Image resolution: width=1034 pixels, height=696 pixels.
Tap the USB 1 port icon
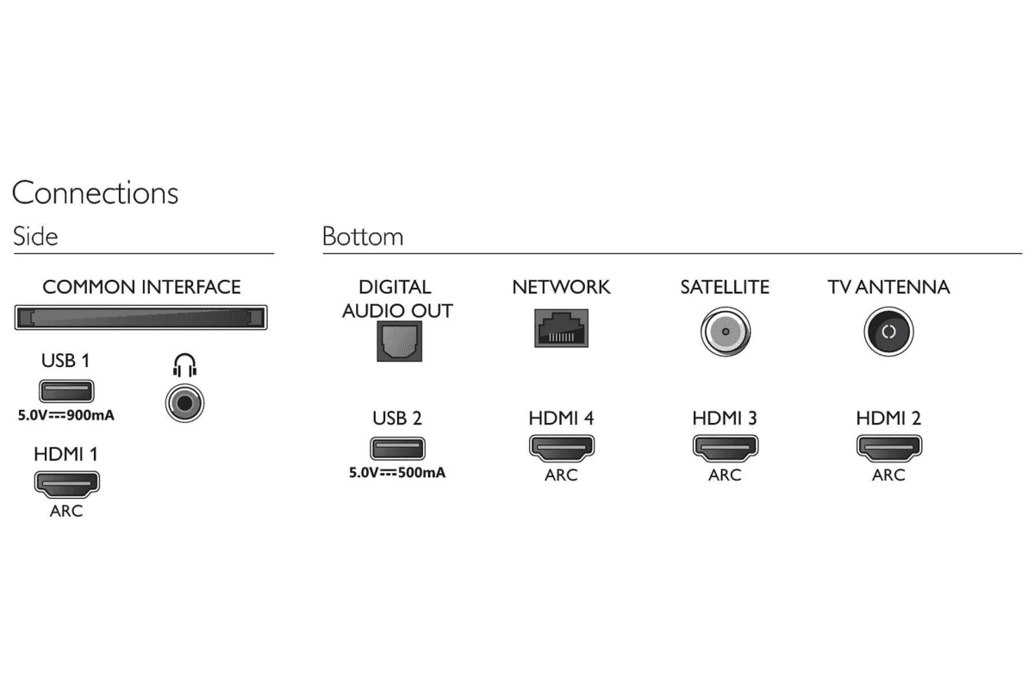[x=65, y=393]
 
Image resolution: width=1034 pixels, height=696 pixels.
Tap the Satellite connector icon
[x=725, y=332]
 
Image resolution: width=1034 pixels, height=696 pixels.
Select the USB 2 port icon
[x=397, y=449]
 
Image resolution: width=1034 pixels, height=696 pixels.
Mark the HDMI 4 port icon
[x=561, y=448]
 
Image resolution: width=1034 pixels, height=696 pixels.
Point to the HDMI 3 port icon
[x=725, y=448]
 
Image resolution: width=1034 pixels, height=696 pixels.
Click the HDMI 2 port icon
[x=888, y=448]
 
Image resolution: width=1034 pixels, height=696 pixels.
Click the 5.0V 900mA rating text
[x=66, y=415]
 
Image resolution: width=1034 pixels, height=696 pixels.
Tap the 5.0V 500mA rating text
[x=397, y=472]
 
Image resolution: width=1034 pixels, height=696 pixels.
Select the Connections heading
[x=95, y=192]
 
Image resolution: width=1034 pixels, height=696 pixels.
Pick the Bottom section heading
[x=363, y=236]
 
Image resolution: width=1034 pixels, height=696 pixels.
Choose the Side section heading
[x=35, y=236]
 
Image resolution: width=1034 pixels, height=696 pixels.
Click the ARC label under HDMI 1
[x=66, y=511]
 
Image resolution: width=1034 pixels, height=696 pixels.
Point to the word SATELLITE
[x=725, y=287]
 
